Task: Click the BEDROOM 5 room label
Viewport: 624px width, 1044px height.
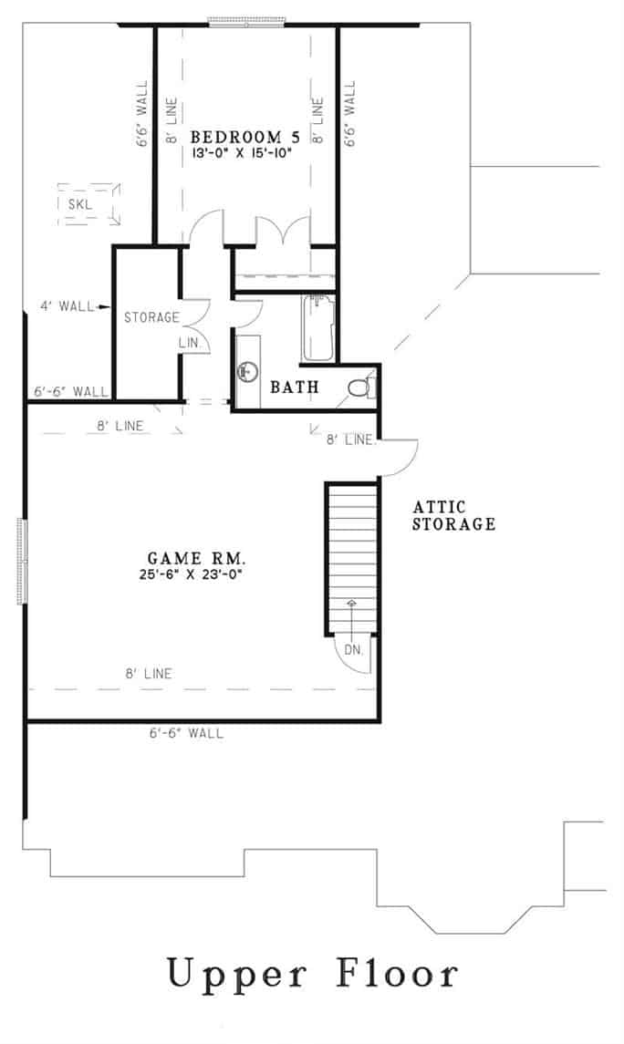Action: (244, 138)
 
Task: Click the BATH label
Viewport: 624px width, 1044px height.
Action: (295, 388)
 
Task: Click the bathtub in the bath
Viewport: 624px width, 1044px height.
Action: (319, 328)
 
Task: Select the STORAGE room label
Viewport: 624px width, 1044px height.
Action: (151, 317)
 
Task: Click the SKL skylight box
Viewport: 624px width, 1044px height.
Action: (88, 204)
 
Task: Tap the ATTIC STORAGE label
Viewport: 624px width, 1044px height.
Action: (453, 515)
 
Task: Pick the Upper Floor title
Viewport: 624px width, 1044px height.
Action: (312, 974)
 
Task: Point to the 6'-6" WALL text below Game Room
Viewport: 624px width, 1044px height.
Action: (185, 732)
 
